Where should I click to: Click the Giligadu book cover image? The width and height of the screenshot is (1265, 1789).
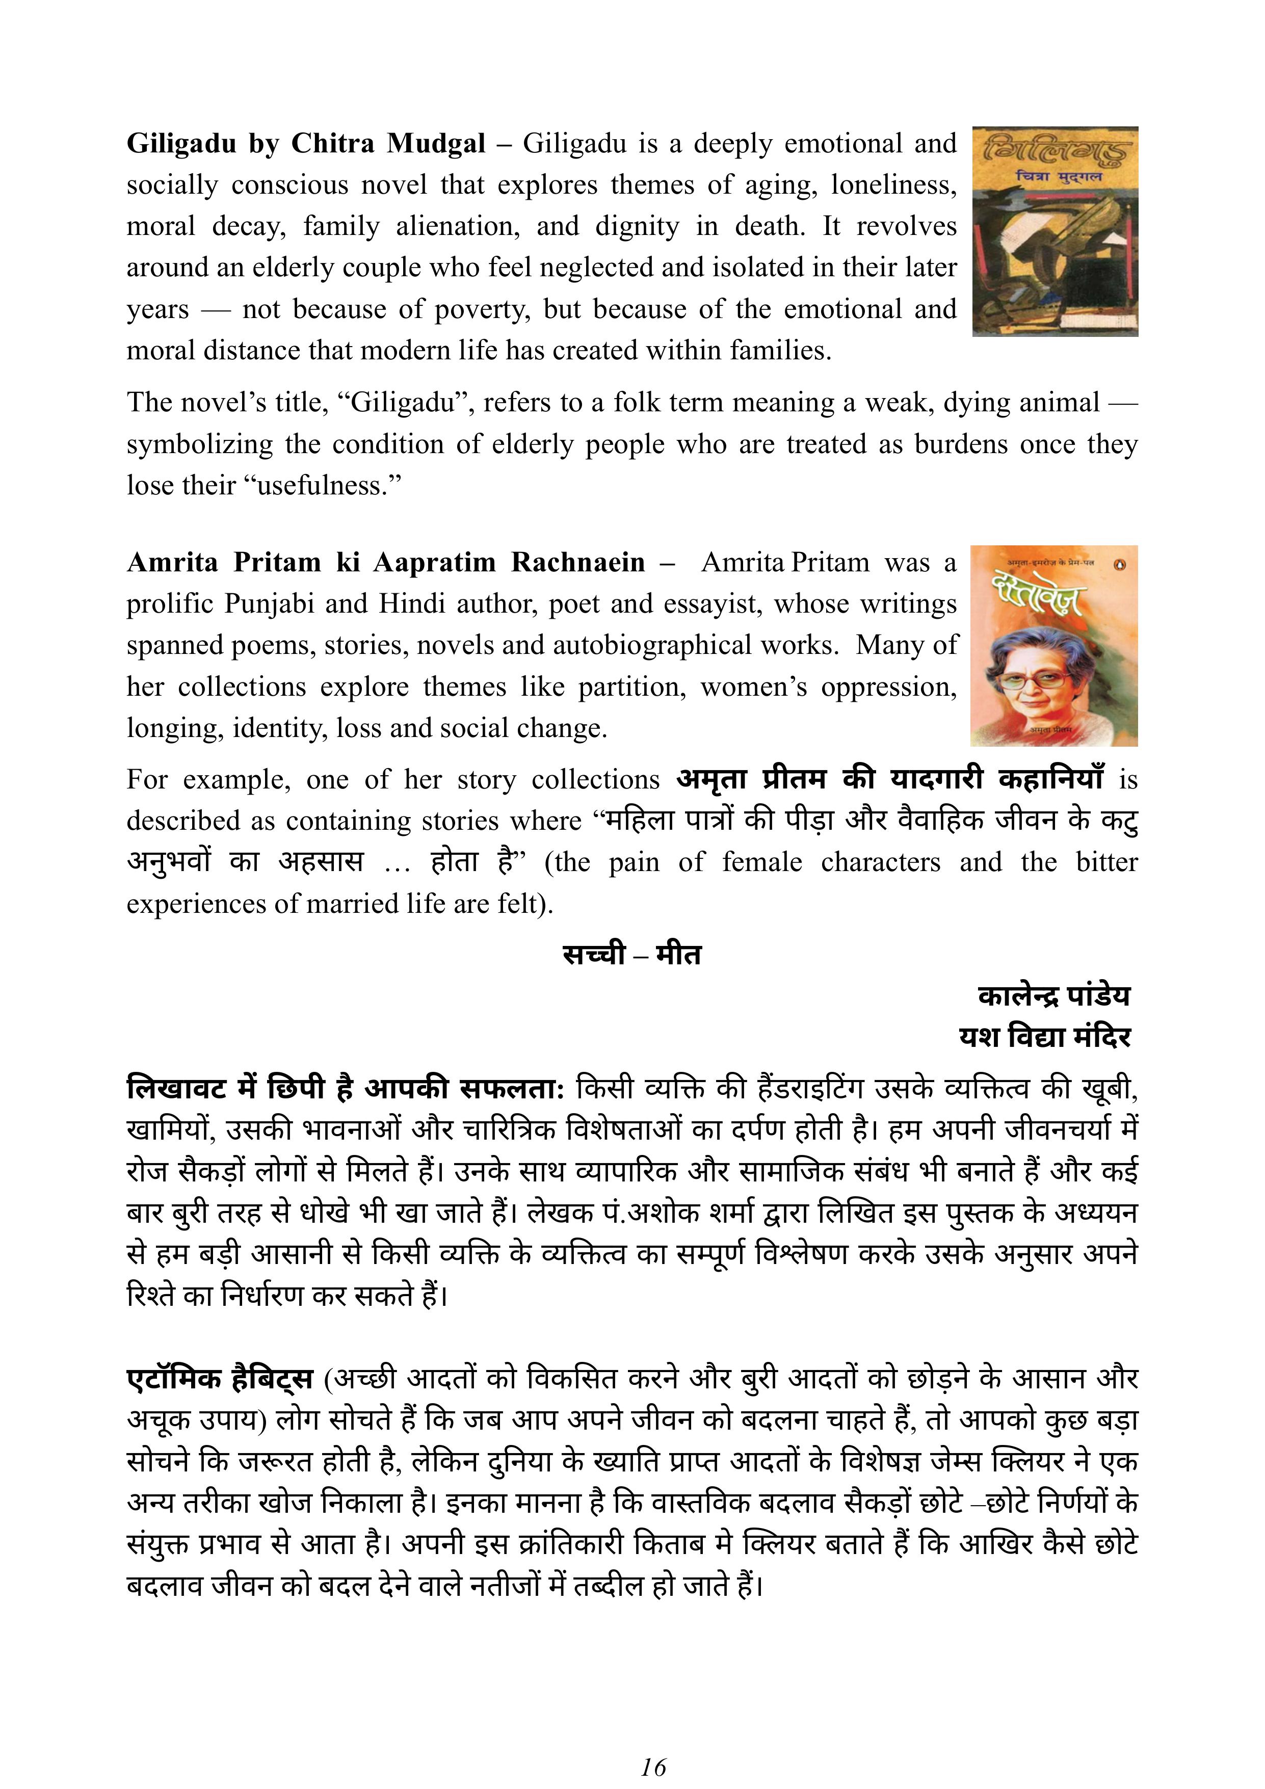[1055, 231]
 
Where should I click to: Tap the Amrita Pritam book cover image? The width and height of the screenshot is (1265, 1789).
[1054, 646]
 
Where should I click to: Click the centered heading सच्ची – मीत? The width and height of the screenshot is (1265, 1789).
[631, 955]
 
